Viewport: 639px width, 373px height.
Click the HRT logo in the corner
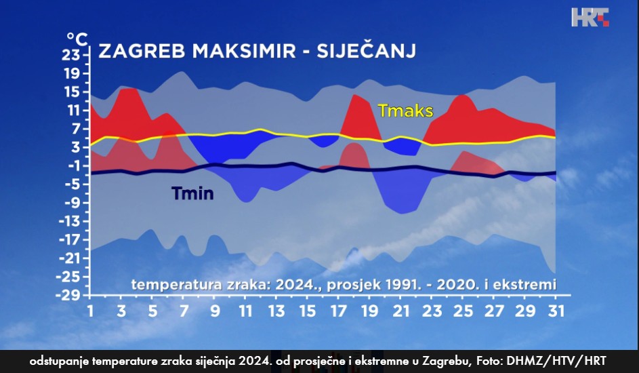[590, 17]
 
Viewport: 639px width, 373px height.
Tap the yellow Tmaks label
[405, 111]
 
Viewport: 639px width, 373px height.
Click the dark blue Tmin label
[192, 193]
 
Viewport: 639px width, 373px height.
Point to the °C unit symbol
[77, 39]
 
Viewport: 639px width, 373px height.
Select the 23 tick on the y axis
[70, 55]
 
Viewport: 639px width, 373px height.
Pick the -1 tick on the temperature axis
[73, 165]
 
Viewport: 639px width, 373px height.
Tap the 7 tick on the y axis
[76, 129]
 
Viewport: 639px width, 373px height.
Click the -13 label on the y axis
[69, 221]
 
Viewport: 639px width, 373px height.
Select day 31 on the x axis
[556, 311]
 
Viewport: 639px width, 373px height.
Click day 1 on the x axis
[90, 311]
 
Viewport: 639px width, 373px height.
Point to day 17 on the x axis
[338, 311]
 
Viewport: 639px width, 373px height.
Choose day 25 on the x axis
[463, 311]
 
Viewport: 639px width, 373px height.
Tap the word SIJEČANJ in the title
[367, 51]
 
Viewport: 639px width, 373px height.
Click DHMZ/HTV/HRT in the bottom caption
[556, 361]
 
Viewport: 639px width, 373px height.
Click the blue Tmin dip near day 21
[402, 213]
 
